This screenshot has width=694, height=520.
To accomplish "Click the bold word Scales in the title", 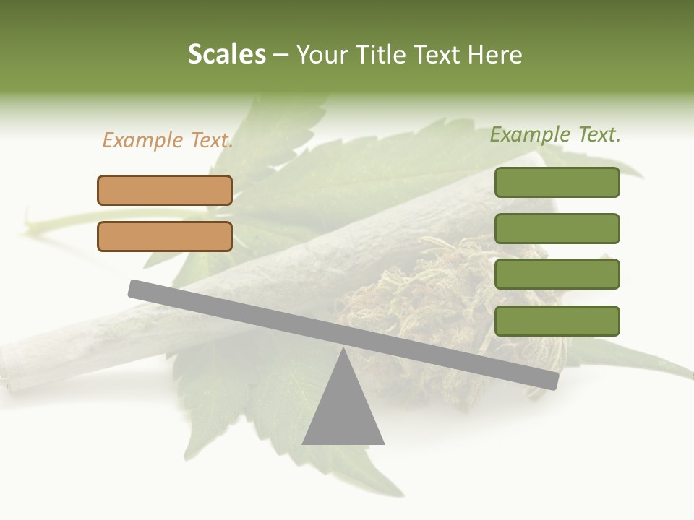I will (226, 55).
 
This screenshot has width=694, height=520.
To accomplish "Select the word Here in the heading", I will (495, 55).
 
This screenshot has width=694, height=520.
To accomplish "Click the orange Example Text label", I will (168, 141).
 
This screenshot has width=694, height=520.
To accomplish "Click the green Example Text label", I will (555, 135).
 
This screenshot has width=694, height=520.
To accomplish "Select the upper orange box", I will (165, 190).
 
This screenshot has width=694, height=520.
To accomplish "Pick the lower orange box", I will (165, 236).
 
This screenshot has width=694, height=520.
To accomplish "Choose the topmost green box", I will (557, 182).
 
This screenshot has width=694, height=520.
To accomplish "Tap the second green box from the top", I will (557, 228).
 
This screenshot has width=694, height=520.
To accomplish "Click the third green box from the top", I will (557, 274).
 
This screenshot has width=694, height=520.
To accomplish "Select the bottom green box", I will (557, 321).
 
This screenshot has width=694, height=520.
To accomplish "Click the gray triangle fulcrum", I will (343, 412).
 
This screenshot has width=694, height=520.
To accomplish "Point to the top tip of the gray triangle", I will (343, 351).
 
